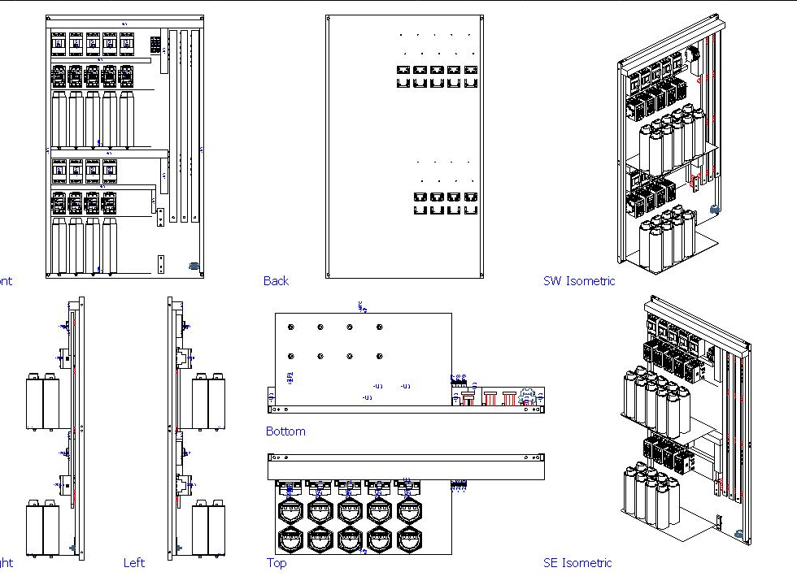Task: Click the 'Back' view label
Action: (x=276, y=281)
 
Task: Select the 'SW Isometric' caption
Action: (x=578, y=281)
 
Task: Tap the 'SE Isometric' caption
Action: (x=577, y=562)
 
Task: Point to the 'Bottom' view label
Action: (x=285, y=431)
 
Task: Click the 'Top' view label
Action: (x=277, y=563)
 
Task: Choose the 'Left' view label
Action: (x=134, y=562)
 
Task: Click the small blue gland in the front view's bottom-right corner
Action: (x=194, y=266)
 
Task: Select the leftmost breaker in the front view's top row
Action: (x=59, y=44)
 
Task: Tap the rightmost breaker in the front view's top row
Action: (x=126, y=44)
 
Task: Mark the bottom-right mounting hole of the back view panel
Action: (x=480, y=273)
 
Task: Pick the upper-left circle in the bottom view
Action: (x=291, y=327)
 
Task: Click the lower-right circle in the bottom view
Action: (x=378, y=356)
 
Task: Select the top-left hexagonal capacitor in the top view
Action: (x=290, y=511)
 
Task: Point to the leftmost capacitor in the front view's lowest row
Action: (x=59, y=245)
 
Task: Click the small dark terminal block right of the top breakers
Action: (x=155, y=44)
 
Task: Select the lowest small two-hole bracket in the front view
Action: (x=160, y=264)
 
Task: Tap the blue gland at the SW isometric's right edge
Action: (x=715, y=210)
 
